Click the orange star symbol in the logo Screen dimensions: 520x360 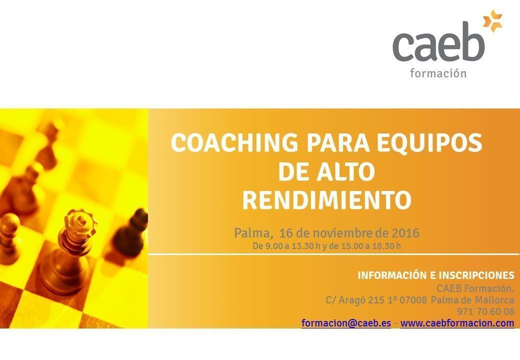(x=492, y=21)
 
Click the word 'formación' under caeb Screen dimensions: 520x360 (x=438, y=73)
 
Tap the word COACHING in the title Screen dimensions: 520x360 (x=234, y=142)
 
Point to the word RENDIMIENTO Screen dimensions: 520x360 (x=327, y=200)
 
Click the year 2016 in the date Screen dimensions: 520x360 (x=405, y=233)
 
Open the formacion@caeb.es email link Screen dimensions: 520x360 (x=346, y=323)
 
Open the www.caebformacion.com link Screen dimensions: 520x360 (x=457, y=323)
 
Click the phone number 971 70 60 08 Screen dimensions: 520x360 (x=486, y=311)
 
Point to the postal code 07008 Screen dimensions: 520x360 (x=413, y=300)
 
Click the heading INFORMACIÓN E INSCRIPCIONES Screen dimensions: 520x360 (x=436, y=275)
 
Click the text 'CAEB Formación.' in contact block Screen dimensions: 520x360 (x=475, y=288)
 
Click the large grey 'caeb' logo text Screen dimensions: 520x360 (x=439, y=43)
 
